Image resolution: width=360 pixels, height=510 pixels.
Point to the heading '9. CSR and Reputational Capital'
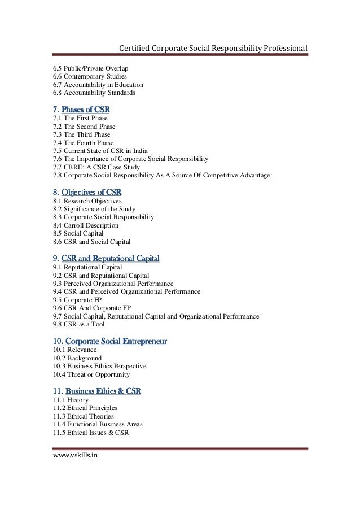pos(106,259)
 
